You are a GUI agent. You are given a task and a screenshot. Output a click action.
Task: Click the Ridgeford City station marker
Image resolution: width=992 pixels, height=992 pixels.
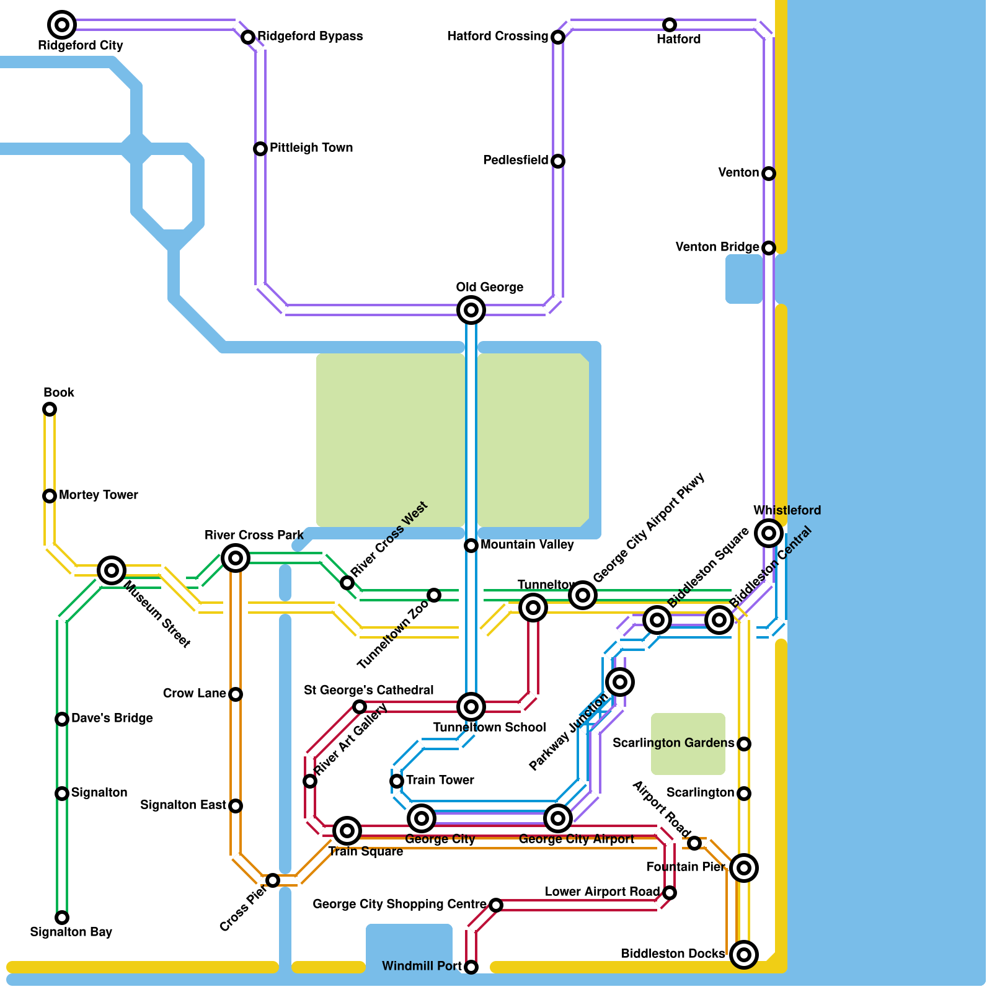coord(62,25)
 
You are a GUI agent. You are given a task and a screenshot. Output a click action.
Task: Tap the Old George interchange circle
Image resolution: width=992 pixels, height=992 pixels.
coord(471,310)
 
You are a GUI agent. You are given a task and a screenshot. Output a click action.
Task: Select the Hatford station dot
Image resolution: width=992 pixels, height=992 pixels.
coord(670,25)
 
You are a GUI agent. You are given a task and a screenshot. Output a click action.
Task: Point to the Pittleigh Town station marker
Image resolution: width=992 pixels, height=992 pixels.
coord(260,149)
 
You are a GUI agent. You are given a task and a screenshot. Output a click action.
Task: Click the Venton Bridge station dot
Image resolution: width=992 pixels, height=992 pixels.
coord(769,248)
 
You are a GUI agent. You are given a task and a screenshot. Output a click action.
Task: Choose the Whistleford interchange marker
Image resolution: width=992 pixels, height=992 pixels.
coord(769,533)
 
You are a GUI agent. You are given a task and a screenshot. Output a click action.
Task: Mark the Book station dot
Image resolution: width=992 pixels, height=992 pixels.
coord(50,409)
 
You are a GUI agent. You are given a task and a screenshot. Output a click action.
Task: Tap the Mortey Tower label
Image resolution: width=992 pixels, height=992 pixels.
coord(99,495)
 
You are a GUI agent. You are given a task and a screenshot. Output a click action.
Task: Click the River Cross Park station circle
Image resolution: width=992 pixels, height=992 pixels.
coord(236,558)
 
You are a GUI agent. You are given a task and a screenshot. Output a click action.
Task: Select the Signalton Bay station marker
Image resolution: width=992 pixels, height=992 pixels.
coord(62,918)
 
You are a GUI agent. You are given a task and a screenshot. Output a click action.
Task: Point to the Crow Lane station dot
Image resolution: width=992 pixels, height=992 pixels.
coord(236,694)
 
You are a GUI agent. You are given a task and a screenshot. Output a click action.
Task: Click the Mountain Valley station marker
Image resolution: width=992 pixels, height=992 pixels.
coord(471,546)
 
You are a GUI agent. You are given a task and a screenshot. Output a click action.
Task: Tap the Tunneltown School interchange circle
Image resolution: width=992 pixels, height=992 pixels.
coord(471,707)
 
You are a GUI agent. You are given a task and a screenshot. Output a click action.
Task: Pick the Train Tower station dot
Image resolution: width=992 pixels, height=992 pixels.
coord(397,781)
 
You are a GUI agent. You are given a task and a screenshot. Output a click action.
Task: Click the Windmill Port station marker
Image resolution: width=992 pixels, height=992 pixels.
coord(471,967)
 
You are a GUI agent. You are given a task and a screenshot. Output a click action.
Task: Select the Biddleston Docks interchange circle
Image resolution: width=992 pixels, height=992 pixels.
coord(744,955)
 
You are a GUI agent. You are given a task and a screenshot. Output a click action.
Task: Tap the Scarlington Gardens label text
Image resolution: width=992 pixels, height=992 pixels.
coord(673,743)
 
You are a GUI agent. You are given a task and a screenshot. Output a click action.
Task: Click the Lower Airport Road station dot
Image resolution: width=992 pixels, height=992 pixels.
coord(670,893)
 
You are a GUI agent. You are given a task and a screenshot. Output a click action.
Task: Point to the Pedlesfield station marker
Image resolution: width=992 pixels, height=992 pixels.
coord(558,161)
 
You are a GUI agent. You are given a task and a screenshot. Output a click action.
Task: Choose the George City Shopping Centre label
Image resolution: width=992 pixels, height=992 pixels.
coord(400,904)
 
